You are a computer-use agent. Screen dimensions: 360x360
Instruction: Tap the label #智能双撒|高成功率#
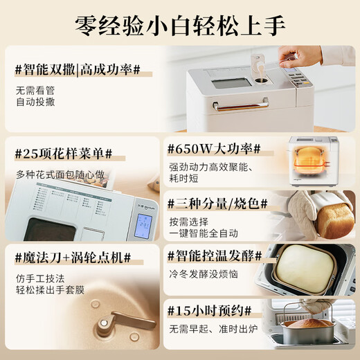pyautogui.click(x=78, y=69)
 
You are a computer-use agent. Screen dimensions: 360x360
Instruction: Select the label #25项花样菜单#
pyautogui.click(x=64, y=152)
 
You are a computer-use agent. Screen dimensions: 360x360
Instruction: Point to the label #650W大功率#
pyautogui.click(x=213, y=149)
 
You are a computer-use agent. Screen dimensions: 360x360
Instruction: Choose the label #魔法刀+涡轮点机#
pyautogui.click(x=73, y=258)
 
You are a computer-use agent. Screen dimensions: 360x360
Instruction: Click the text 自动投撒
pyautogui.click(x=35, y=102)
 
